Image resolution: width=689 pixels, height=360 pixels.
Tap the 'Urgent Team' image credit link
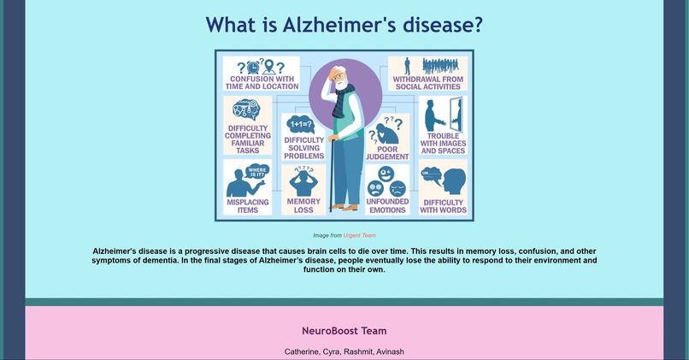(359, 235)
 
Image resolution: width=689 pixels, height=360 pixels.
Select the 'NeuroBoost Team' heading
(344, 331)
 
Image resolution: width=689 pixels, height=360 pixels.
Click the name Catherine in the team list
(301, 351)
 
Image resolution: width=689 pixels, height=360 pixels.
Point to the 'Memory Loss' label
(303, 205)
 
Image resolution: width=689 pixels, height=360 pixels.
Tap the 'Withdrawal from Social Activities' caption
(428, 83)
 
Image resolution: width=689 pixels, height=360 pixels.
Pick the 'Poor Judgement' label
(387, 153)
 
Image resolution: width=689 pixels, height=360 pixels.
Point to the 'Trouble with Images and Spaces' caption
(443, 144)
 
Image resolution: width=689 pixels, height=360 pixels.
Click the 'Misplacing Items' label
(247, 206)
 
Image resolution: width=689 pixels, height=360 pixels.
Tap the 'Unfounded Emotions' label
(387, 205)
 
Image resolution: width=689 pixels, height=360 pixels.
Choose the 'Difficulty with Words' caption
(443, 206)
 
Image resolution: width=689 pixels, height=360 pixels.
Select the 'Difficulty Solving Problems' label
(303, 148)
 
